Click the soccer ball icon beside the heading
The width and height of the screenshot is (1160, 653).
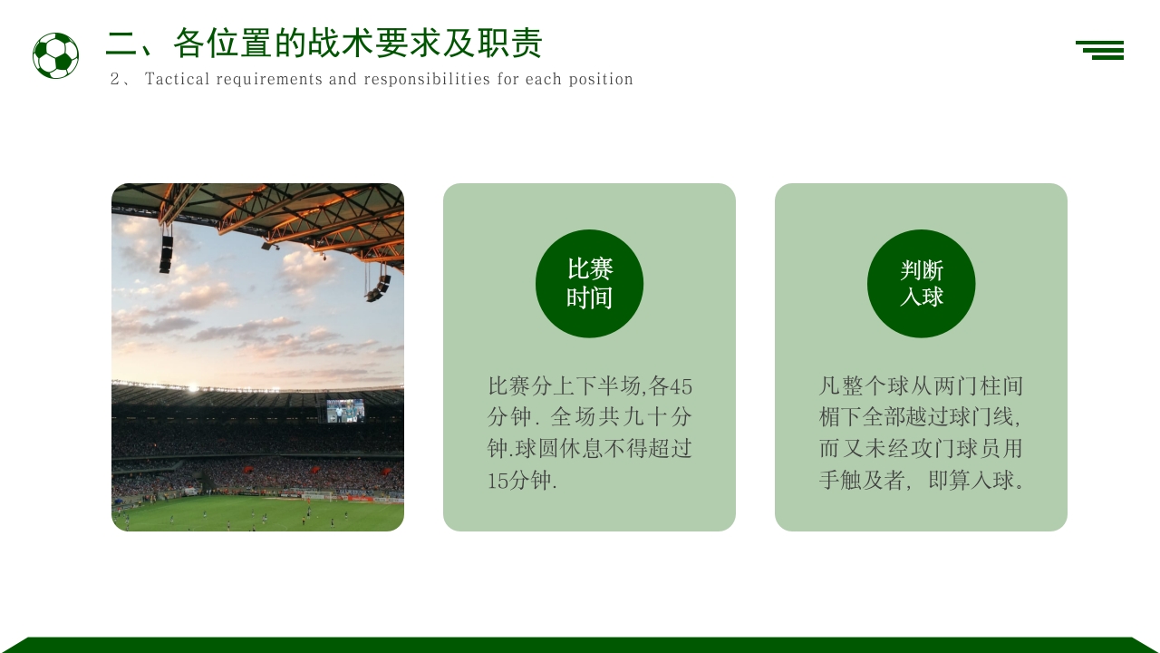point(55,55)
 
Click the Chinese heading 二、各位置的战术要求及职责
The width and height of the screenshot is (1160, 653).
point(324,43)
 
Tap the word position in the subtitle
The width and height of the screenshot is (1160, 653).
point(601,79)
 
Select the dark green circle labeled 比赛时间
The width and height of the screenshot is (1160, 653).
point(589,283)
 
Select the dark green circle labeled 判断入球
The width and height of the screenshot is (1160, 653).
point(921,283)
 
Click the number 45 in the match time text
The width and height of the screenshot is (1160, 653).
point(681,386)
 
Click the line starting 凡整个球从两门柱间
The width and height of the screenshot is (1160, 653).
point(921,386)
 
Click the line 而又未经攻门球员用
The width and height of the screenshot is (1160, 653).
point(921,449)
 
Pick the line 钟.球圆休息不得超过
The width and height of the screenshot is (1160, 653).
point(589,449)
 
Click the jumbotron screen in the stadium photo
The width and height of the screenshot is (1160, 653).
point(344,411)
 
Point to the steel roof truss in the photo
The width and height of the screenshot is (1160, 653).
point(299,213)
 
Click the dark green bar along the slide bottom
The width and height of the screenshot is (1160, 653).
point(580,645)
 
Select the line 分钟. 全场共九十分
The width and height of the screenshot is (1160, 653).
point(589,418)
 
